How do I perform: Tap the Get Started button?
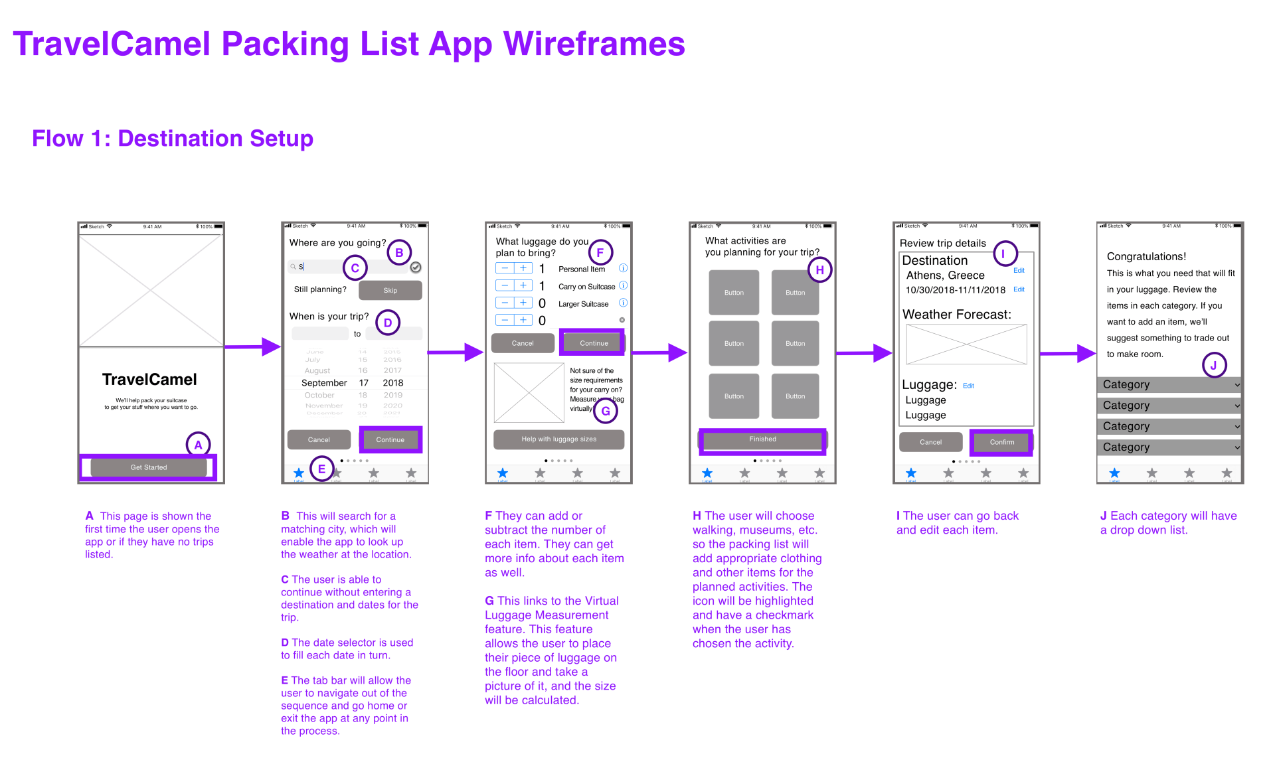click(149, 467)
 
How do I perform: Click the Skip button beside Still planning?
click(390, 291)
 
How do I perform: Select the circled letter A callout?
click(198, 445)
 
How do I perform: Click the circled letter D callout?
click(388, 323)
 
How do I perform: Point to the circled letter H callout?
click(819, 270)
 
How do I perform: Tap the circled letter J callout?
click(1213, 365)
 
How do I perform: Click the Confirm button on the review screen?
click(1001, 442)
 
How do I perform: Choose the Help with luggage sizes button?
click(558, 439)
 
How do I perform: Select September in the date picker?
click(324, 383)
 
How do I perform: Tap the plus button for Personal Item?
click(523, 268)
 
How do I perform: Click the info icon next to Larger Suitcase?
click(623, 303)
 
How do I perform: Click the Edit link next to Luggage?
click(968, 386)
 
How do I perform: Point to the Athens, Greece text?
click(945, 275)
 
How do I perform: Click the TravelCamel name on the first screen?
click(149, 380)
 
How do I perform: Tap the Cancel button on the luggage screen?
click(523, 343)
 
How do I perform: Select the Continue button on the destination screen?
click(390, 439)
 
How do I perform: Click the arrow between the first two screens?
click(252, 346)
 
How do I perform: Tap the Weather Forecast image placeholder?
click(966, 344)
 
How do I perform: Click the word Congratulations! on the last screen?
click(1146, 257)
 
